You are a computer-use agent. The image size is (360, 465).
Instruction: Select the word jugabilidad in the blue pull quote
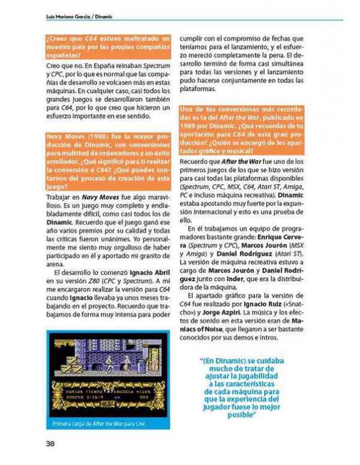266,373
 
